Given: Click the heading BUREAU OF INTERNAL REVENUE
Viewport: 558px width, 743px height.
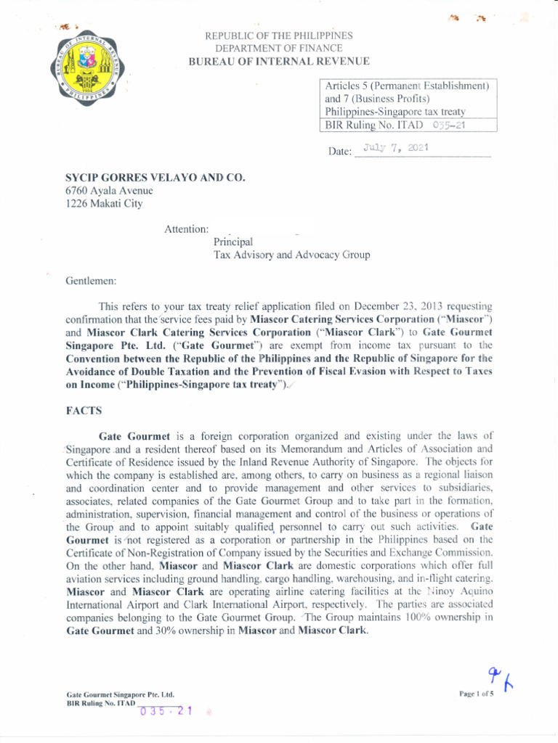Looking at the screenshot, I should tap(279, 62).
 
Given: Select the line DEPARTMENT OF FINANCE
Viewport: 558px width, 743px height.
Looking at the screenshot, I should tap(279, 48).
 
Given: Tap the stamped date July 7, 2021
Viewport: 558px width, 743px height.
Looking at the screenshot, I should tap(395, 148).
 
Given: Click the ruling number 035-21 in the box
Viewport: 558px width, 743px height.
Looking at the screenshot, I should tap(448, 125).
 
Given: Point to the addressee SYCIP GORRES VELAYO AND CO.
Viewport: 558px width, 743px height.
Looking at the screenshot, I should tap(155, 177).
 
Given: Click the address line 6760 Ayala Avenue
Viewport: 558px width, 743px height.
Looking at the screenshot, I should tap(110, 191).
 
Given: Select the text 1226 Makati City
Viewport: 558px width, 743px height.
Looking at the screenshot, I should tap(105, 204).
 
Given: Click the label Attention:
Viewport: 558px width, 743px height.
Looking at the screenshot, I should tap(187, 229).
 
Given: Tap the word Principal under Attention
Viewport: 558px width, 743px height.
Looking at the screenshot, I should tap(232, 242).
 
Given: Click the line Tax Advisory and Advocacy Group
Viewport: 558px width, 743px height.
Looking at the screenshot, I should tap(291, 255).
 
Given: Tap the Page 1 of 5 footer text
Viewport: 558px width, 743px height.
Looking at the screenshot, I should tap(476, 694).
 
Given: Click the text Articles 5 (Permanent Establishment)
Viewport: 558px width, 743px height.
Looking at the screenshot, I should tap(407, 86).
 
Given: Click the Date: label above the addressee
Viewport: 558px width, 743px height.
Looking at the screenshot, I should tap(340, 152).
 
